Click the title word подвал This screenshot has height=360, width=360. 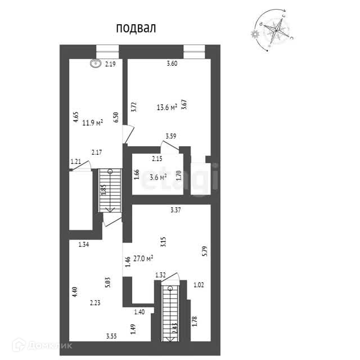pos(136,28)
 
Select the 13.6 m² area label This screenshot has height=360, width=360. pos(167,106)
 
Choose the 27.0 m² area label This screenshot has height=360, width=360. pos(145,259)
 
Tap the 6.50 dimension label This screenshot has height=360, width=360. pos(115,117)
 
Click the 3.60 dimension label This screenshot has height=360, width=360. pos(172,64)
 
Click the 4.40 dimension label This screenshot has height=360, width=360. pos(74,293)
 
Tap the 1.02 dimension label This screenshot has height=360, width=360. pos(199,285)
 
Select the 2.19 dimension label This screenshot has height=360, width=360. pos(110,65)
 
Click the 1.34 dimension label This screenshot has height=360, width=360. pos(84,244)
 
